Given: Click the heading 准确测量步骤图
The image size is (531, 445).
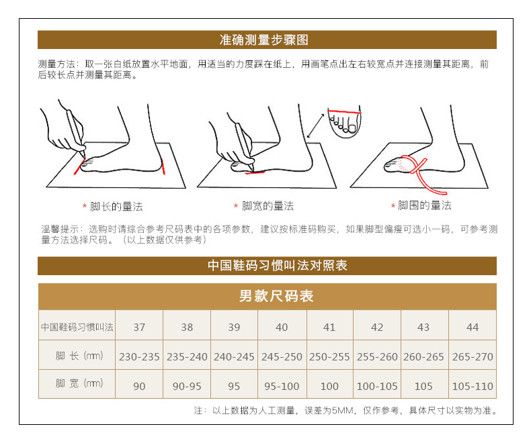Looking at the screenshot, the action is (x=263, y=40).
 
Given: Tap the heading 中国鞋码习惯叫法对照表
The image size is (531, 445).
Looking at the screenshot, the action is (x=278, y=265).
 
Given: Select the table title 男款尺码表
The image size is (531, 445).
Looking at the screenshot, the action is (x=276, y=296).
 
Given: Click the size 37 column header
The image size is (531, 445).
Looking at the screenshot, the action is (x=139, y=327).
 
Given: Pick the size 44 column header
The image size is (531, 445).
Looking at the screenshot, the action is (x=473, y=327).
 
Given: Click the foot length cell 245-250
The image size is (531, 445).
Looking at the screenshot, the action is (x=282, y=357).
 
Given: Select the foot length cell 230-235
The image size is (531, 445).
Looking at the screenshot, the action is (x=139, y=357).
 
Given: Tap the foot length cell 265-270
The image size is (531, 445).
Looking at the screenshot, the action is (x=473, y=357).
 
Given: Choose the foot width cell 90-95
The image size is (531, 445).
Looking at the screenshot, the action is (x=187, y=386).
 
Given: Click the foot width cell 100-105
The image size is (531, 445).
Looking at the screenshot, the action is (x=377, y=386).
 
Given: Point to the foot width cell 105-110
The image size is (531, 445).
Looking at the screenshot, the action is (x=473, y=386).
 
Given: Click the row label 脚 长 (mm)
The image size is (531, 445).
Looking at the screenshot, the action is (x=79, y=356).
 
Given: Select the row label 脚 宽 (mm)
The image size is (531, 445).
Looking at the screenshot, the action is (x=79, y=383).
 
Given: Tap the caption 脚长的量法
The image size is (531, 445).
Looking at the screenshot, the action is (x=116, y=206).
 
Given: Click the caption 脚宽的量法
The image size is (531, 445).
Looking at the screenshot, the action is (x=268, y=205).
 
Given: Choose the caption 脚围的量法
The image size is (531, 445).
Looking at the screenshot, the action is (x=424, y=205).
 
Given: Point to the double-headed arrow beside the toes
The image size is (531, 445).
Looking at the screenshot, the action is (x=315, y=126).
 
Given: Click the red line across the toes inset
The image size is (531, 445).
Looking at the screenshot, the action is (x=344, y=111).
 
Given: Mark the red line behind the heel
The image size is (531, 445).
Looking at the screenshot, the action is (x=163, y=167).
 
